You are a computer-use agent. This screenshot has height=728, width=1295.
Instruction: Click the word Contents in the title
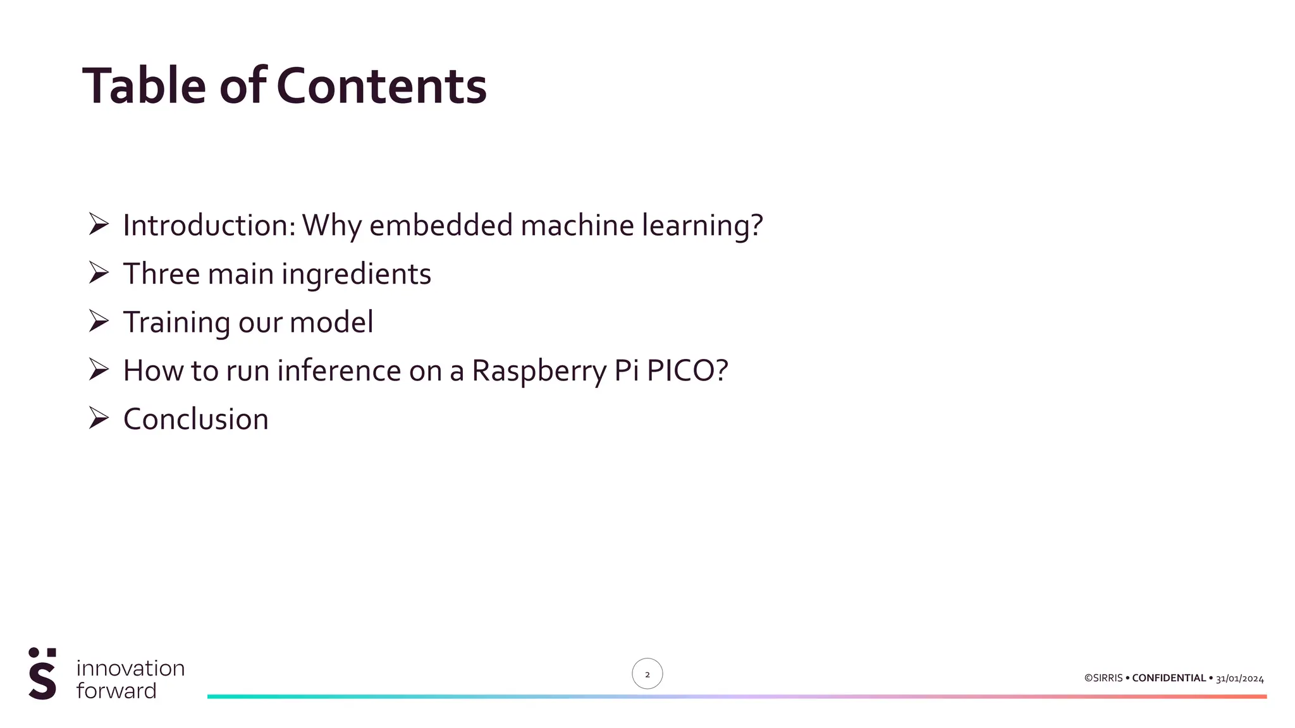tap(381, 86)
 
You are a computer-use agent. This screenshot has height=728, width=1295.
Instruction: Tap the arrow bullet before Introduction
tap(99, 224)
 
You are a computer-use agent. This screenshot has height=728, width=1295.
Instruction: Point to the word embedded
tap(441, 226)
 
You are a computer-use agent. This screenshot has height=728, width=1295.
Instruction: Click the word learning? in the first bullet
tap(703, 226)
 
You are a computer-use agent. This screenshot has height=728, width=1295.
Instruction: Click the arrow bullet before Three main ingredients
tap(99, 273)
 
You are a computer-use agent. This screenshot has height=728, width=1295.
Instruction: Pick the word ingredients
tap(356, 274)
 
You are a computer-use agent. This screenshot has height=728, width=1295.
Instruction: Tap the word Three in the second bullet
tap(161, 274)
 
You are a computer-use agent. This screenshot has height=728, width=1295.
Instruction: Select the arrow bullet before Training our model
tap(99, 321)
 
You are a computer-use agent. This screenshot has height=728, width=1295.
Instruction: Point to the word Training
tap(176, 322)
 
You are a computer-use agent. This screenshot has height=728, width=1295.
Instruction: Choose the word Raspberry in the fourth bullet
tap(539, 371)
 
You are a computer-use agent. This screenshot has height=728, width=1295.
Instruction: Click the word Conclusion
tap(196, 420)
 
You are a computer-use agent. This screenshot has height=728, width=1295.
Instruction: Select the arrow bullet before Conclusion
tap(99, 418)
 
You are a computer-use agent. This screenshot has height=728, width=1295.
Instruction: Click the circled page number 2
tap(647, 674)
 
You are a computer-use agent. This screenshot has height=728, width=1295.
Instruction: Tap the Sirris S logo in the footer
tap(42, 674)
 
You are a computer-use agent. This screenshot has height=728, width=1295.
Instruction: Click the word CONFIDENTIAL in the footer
tap(1169, 678)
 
